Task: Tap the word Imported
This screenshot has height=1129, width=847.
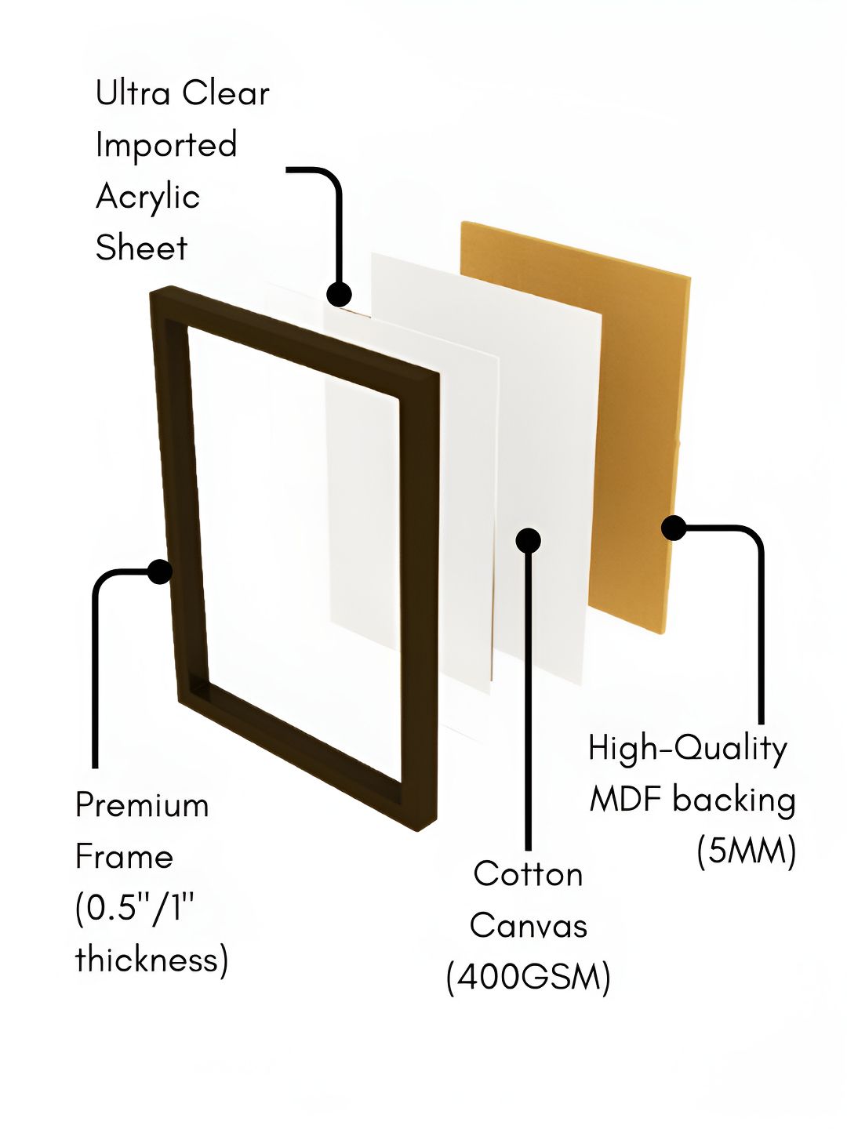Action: point(166,146)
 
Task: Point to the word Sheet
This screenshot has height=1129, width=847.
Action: point(141,247)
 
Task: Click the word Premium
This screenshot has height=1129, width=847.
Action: point(142,805)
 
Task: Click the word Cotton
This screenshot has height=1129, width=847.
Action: point(528,874)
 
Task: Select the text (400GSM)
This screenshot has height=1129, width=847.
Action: point(528,978)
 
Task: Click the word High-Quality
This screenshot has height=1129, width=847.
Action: point(688,750)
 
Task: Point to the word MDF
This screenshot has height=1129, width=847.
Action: point(627,800)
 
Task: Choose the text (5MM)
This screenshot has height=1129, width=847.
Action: point(746,851)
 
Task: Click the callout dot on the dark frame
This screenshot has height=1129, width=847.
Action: point(159,572)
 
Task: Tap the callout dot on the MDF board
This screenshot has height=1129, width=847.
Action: point(674,528)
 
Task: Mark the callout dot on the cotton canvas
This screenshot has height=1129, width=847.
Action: point(528,540)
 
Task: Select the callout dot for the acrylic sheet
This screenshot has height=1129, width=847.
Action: point(339,295)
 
